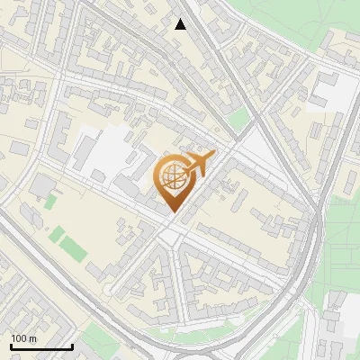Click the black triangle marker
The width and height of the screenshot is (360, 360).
point(181,24)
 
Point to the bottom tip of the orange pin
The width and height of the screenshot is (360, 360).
point(173,212)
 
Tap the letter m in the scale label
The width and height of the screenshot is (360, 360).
point(33,338)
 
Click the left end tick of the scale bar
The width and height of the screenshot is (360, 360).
point(11,346)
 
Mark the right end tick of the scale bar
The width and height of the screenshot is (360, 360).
point(72,346)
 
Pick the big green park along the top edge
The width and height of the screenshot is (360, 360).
point(297,22)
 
